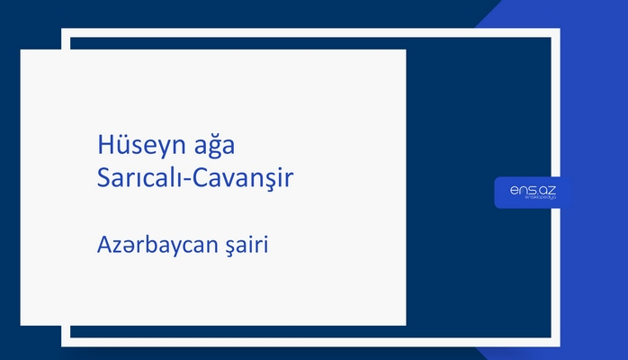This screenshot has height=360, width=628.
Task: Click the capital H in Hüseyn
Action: tap(104, 145)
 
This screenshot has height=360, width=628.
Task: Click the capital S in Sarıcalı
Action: tap(103, 177)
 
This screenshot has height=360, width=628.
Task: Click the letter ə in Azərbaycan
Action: tap(128, 245)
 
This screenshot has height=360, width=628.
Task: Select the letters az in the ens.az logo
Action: tap(549, 190)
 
